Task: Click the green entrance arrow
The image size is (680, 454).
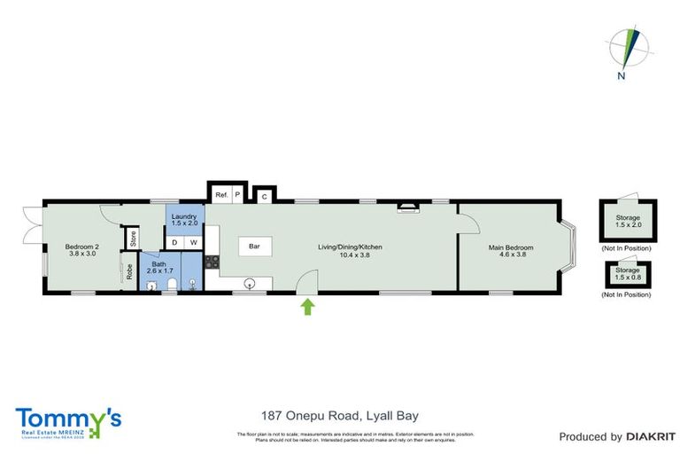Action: [x=308, y=307]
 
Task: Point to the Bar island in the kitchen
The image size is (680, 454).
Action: [x=254, y=246]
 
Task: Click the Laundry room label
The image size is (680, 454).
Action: [x=184, y=219]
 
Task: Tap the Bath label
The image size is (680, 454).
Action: [x=159, y=267]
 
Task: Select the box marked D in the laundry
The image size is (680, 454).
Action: [x=174, y=242]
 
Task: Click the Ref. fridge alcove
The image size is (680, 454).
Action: [x=221, y=194]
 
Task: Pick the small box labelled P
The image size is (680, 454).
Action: [x=237, y=194]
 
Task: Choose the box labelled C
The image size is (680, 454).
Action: [x=263, y=196]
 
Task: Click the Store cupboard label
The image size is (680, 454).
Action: [x=132, y=238]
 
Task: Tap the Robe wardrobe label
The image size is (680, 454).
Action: [x=128, y=272]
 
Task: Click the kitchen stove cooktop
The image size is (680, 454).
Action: [x=212, y=262]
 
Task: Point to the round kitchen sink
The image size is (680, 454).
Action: [x=251, y=284]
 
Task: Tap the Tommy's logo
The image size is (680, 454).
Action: [x=68, y=419]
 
